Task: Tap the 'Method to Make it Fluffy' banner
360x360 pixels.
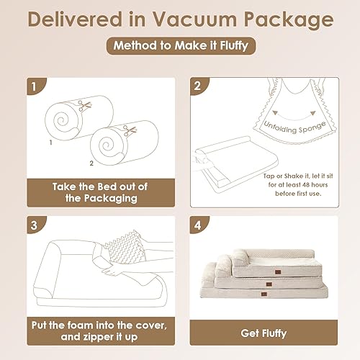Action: coord(179,46)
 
